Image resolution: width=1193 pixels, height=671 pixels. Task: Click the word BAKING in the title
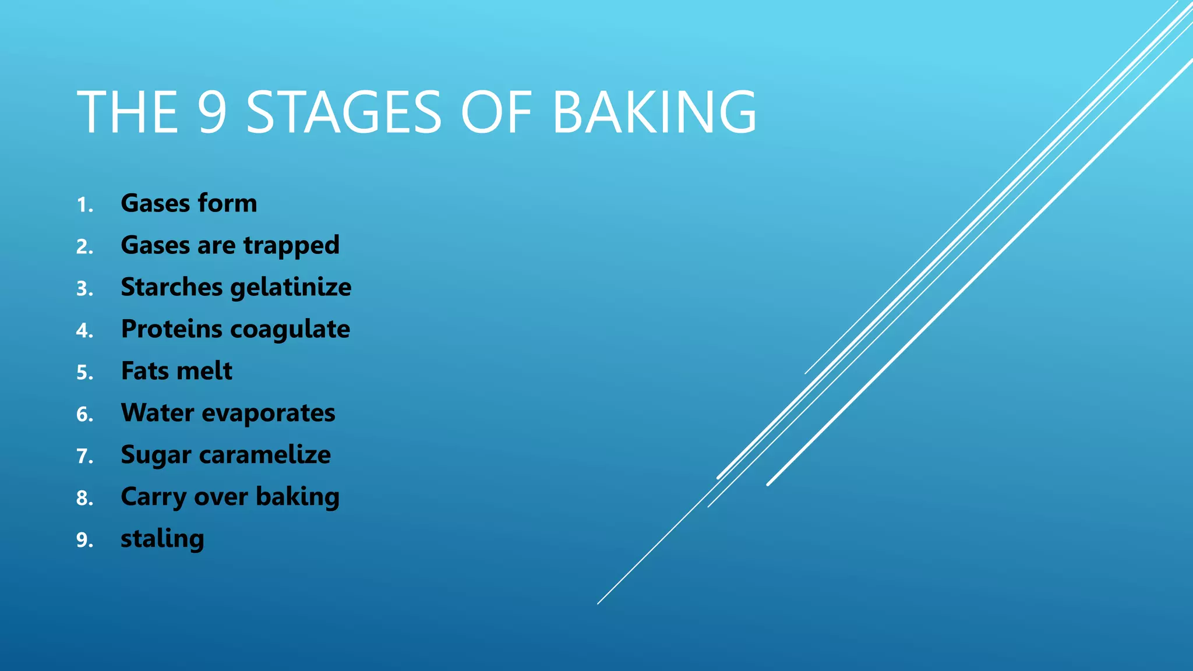click(654, 112)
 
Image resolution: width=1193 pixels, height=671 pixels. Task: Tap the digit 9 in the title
click(211, 112)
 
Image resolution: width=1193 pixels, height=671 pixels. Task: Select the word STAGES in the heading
click(344, 112)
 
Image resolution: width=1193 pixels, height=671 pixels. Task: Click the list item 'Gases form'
click(189, 203)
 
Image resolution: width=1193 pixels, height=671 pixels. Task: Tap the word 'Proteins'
click(172, 329)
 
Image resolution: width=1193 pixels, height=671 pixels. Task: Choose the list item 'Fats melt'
click(177, 371)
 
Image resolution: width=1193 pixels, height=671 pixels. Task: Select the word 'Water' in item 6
click(157, 413)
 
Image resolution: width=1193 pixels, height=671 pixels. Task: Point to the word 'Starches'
click(172, 287)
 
